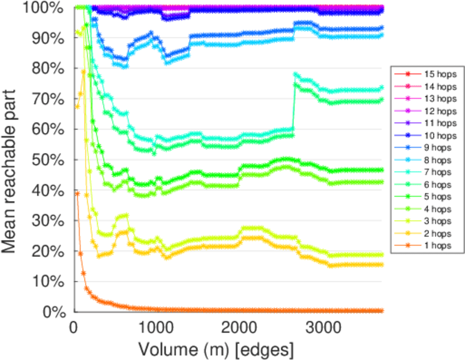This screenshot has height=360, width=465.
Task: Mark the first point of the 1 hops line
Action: click(x=77, y=193)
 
